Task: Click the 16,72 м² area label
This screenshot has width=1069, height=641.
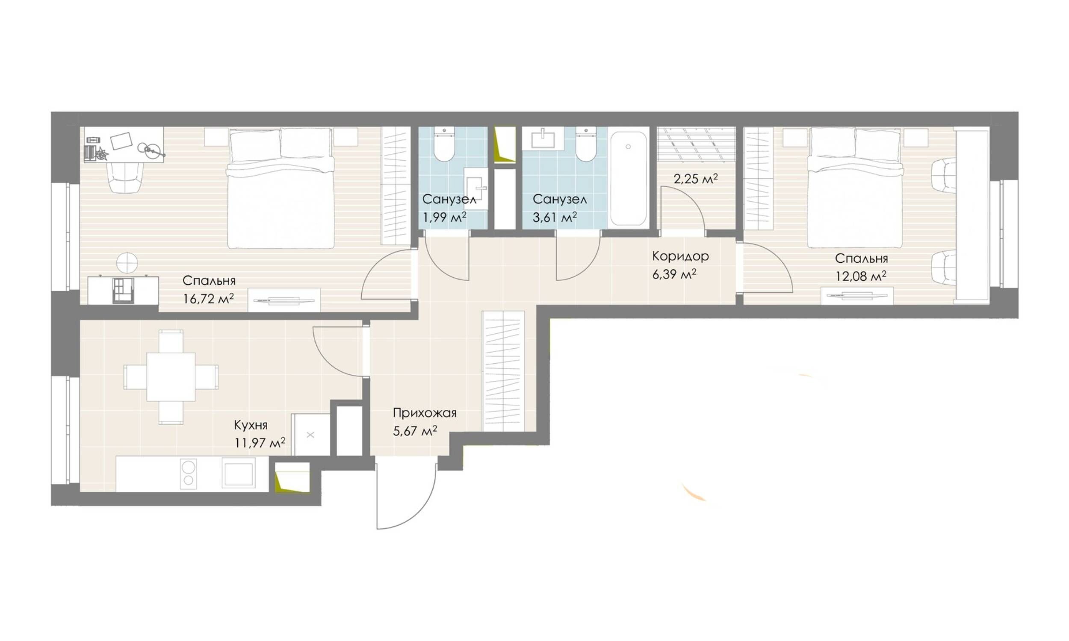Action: point(208,298)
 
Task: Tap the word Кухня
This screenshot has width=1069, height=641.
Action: point(251,425)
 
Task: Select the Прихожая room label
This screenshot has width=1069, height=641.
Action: point(424,413)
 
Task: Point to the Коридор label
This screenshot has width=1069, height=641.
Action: point(680,256)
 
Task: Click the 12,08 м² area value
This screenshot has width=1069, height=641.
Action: point(861,276)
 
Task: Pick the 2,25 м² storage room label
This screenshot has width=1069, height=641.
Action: point(695,178)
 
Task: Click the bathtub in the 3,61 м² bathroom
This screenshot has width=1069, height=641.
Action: point(628,178)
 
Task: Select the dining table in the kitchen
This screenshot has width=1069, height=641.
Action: point(171,376)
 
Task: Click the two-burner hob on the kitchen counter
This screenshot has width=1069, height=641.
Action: point(189,473)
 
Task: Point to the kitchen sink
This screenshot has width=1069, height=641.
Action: point(239,473)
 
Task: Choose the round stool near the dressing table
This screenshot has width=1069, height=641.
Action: point(127,263)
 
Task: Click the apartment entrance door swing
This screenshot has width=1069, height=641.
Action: point(406,495)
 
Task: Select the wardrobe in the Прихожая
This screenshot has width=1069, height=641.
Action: point(503,371)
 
